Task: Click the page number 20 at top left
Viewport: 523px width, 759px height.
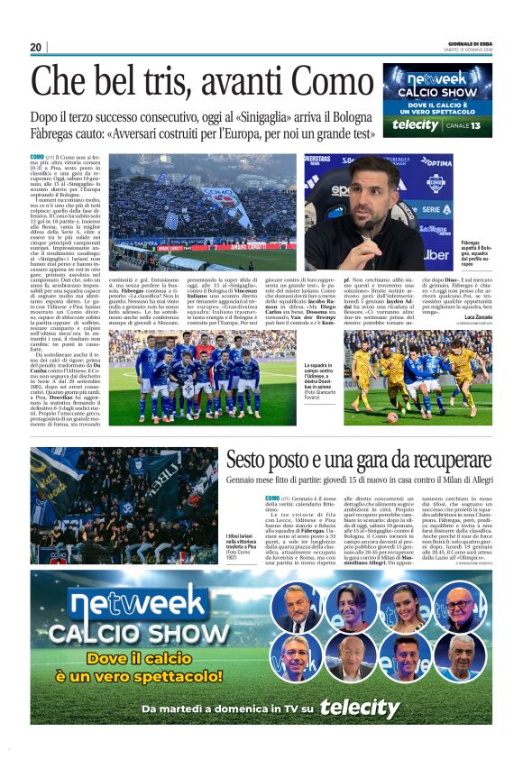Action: coord(36,47)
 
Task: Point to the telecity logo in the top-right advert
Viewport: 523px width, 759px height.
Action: coord(416,124)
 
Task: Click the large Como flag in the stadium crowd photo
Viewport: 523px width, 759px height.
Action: coord(222,197)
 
